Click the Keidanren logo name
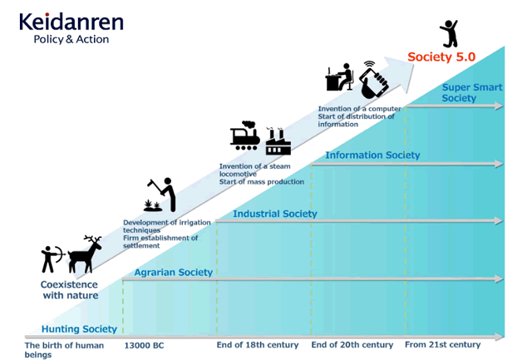point(71,22)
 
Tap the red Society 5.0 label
point(441,57)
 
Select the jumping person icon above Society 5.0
point(449,33)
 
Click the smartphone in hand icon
point(374,80)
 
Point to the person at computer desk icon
point(339,77)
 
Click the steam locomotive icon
point(245,136)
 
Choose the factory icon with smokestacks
point(278,141)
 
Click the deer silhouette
point(85,254)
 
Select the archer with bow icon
point(52,259)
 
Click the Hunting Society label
point(79,328)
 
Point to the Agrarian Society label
point(174,272)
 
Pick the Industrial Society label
point(275,214)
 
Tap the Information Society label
point(372,155)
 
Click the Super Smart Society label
point(472,92)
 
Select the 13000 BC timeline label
point(144,345)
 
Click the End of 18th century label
point(258,345)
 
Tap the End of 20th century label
point(352,345)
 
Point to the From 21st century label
point(443,345)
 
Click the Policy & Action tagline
point(71,39)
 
